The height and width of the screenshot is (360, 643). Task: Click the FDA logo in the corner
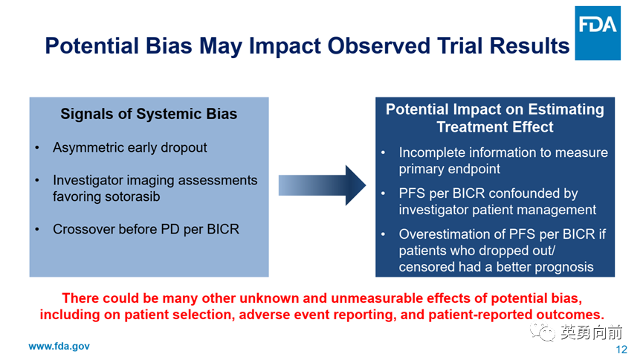pos(598,33)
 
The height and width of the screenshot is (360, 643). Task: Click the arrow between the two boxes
pos(322,185)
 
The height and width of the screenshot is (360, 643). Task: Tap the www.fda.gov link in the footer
pos(59,346)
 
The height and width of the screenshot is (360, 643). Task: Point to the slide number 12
pos(621,350)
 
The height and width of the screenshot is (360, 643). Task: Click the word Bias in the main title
pos(169,45)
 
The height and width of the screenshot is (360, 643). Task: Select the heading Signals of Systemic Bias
pos(149,114)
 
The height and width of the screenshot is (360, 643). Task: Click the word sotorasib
pos(132,196)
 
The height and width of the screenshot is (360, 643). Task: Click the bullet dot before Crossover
pos(37,230)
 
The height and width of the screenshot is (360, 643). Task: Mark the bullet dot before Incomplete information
pos(383,152)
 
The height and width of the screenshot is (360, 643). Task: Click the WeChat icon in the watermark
pos(542,332)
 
